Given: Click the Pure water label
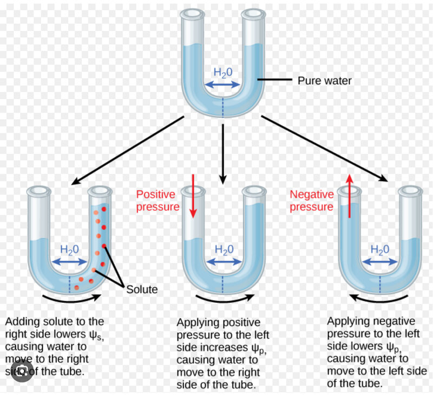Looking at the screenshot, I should point(325,81).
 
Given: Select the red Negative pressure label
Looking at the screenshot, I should point(311,200).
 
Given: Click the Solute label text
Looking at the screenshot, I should point(142,289).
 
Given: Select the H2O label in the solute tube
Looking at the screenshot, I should point(70,250).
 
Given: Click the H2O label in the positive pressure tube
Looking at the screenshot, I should point(225,250).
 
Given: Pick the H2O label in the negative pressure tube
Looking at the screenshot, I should point(380,250).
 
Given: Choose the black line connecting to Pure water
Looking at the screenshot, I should point(274,81).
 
